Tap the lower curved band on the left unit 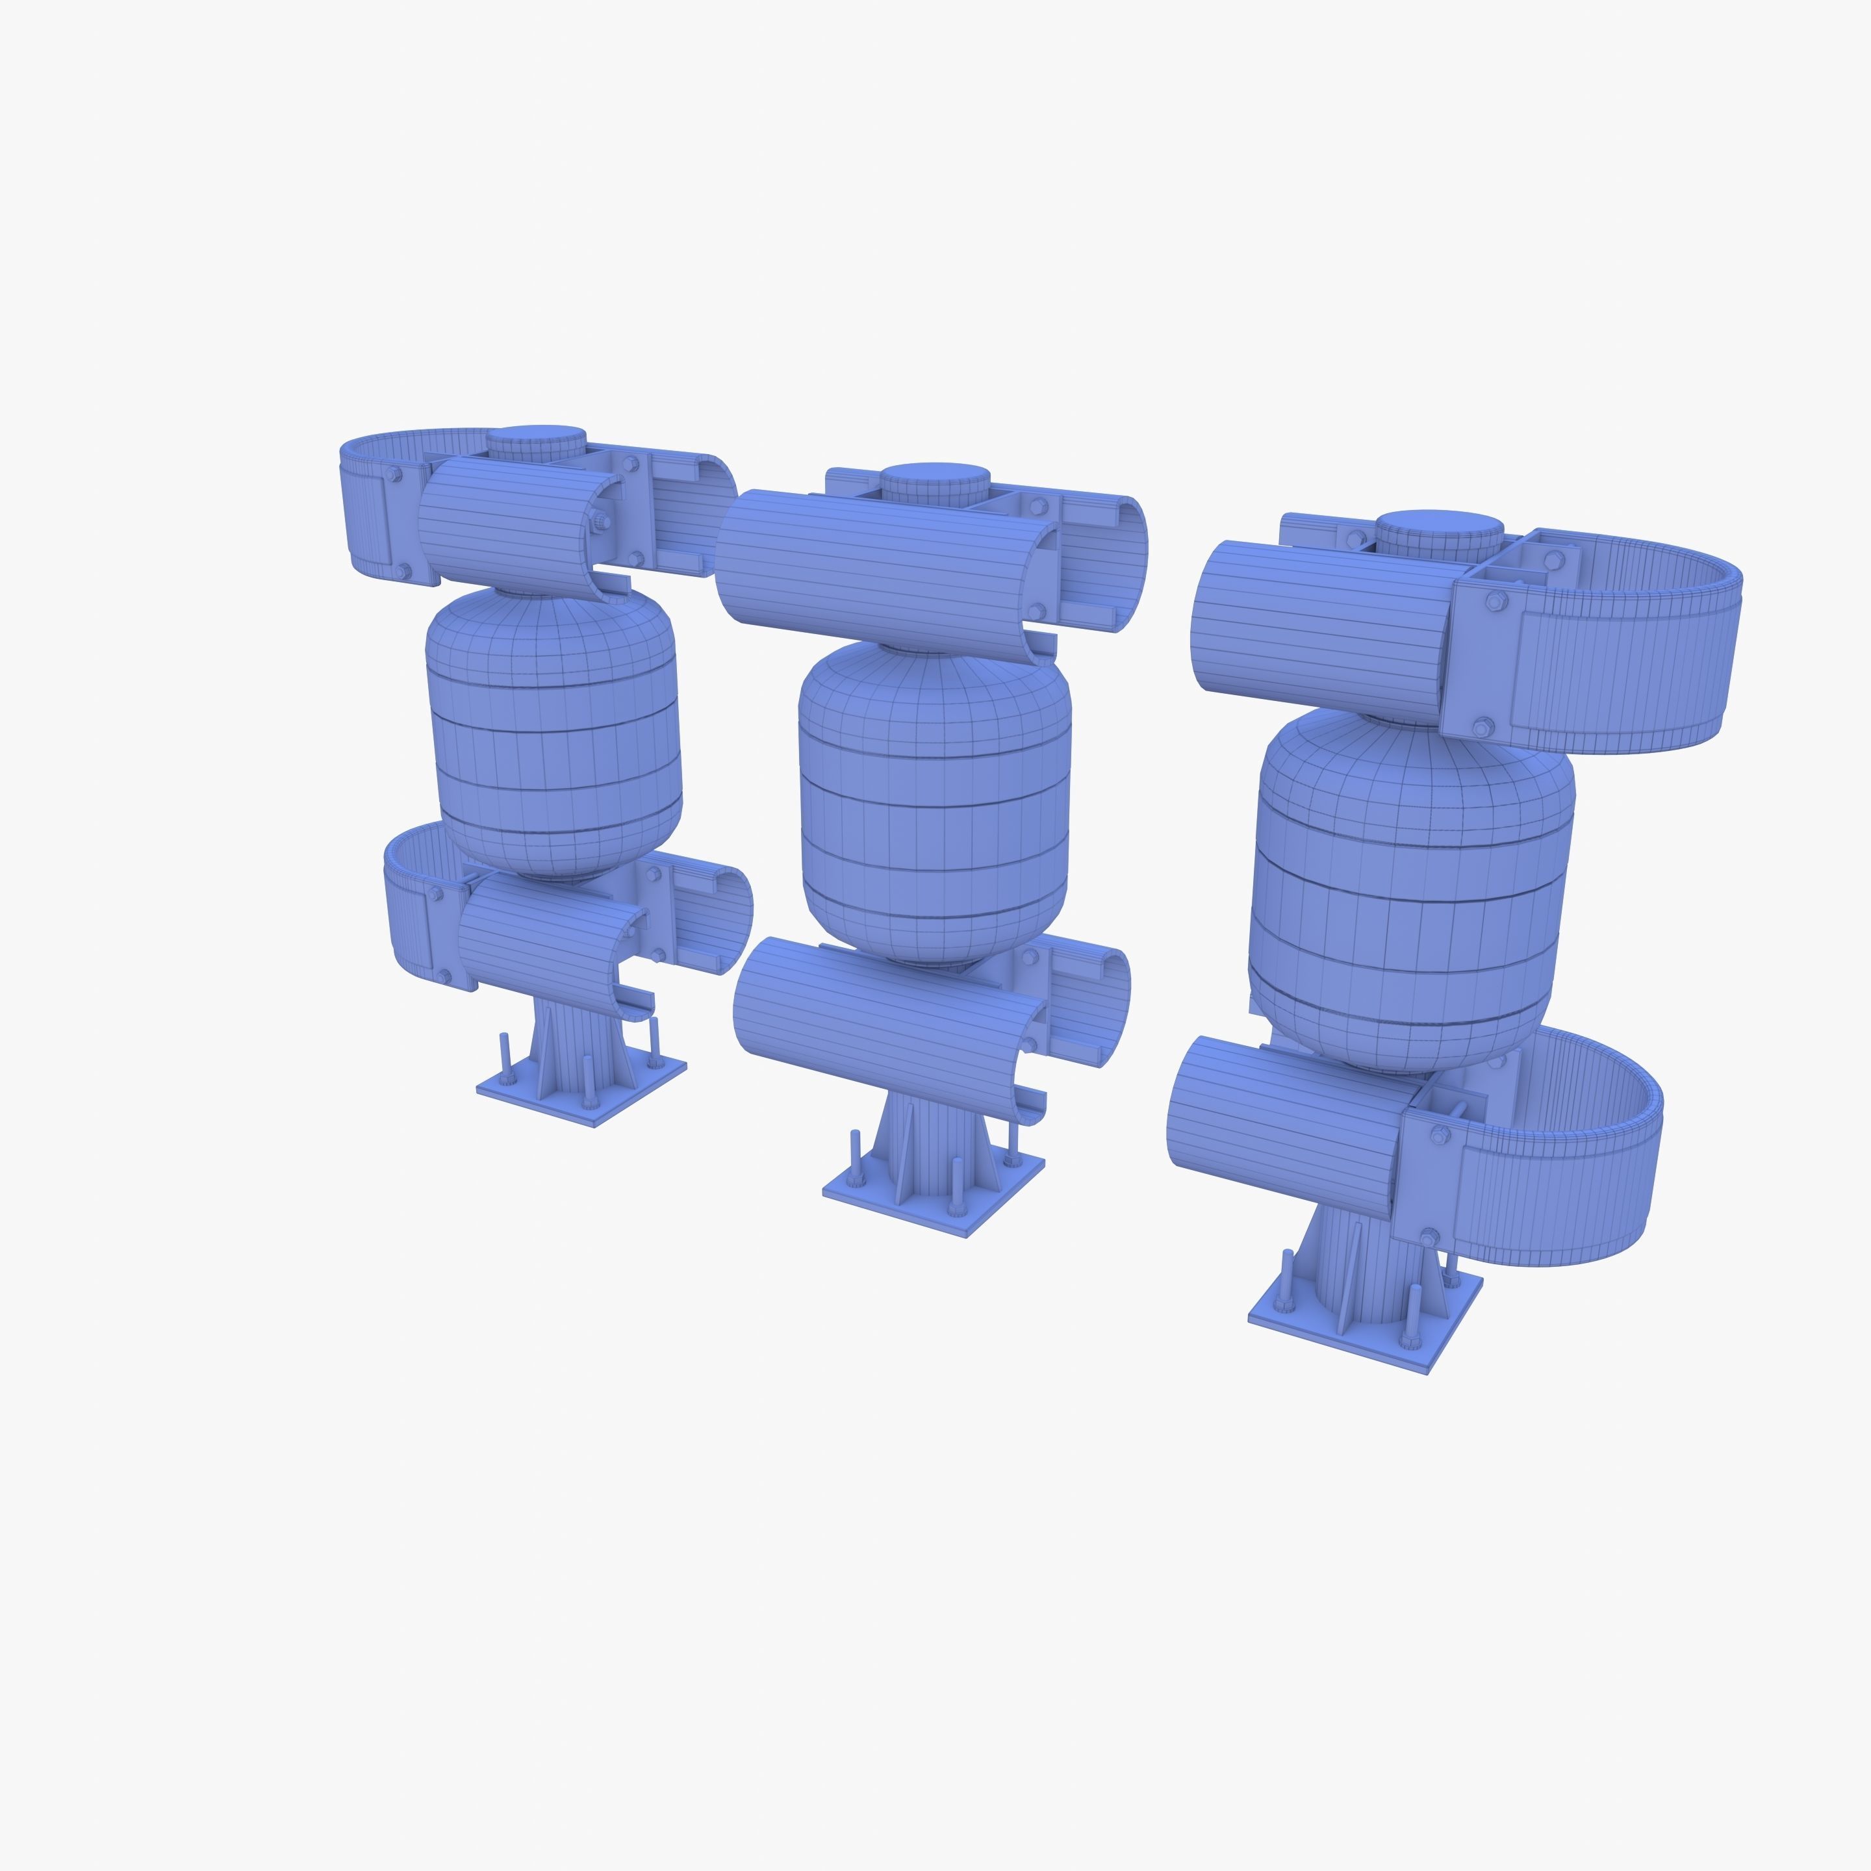[x=407, y=910]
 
